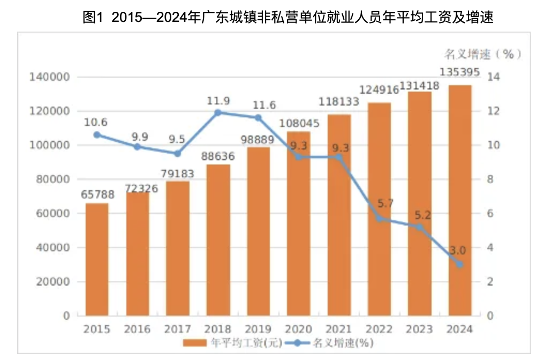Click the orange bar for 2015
coord(97,259)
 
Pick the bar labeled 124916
coord(379,209)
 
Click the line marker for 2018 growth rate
coord(218,112)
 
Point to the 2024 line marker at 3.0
coord(459,264)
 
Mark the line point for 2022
coord(380,218)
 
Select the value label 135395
coord(459,72)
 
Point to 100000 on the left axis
coord(49,145)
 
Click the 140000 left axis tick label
coord(49,77)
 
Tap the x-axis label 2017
coord(178,329)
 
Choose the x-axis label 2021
coord(339,329)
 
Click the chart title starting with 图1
coord(288,18)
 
